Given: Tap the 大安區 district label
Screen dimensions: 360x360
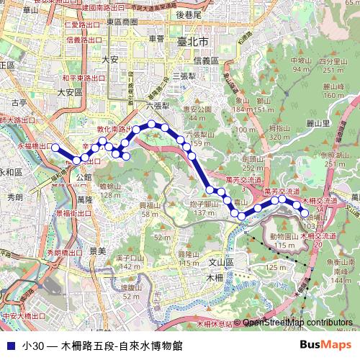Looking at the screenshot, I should coord(71,92).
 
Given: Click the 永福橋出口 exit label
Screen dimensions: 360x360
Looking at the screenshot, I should coord(26,146).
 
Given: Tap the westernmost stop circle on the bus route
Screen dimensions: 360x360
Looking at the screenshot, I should coord(53,147).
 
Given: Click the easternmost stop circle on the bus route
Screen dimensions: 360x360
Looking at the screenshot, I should coord(305,210).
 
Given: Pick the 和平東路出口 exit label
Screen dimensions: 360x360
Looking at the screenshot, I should coord(83,77).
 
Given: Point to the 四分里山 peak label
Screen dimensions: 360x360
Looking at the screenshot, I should coord(333,62).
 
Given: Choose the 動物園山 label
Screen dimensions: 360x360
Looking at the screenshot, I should coord(284,236).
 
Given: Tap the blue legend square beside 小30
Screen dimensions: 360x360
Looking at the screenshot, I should coord(9,346).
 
